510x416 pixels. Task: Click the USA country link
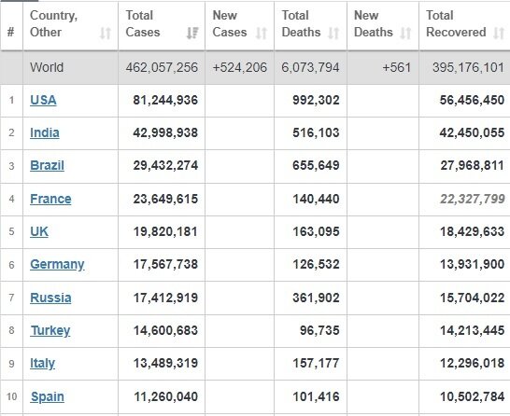tap(43, 100)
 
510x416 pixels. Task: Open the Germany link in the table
tap(57, 265)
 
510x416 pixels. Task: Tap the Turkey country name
tap(50, 330)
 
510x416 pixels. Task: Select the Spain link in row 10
tap(47, 396)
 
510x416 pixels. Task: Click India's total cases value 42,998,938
tap(165, 132)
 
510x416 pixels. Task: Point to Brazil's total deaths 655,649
tap(316, 165)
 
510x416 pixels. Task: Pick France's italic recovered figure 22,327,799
tap(473, 199)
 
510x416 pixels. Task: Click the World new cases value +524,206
tap(240, 67)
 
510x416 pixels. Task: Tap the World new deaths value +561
tap(396, 67)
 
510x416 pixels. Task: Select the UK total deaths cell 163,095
tap(316, 231)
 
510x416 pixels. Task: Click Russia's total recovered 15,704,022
tap(473, 298)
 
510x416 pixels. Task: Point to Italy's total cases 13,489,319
tap(165, 363)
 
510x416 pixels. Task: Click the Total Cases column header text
tap(143, 23)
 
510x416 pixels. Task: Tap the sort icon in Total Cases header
tap(192, 33)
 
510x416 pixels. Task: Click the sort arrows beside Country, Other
tap(106, 33)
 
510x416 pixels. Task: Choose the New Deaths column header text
tap(373, 23)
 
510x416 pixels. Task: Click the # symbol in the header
tap(10, 32)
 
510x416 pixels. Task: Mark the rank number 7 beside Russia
tap(11, 298)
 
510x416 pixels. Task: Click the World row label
tap(47, 67)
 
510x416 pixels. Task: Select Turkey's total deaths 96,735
tap(319, 330)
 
